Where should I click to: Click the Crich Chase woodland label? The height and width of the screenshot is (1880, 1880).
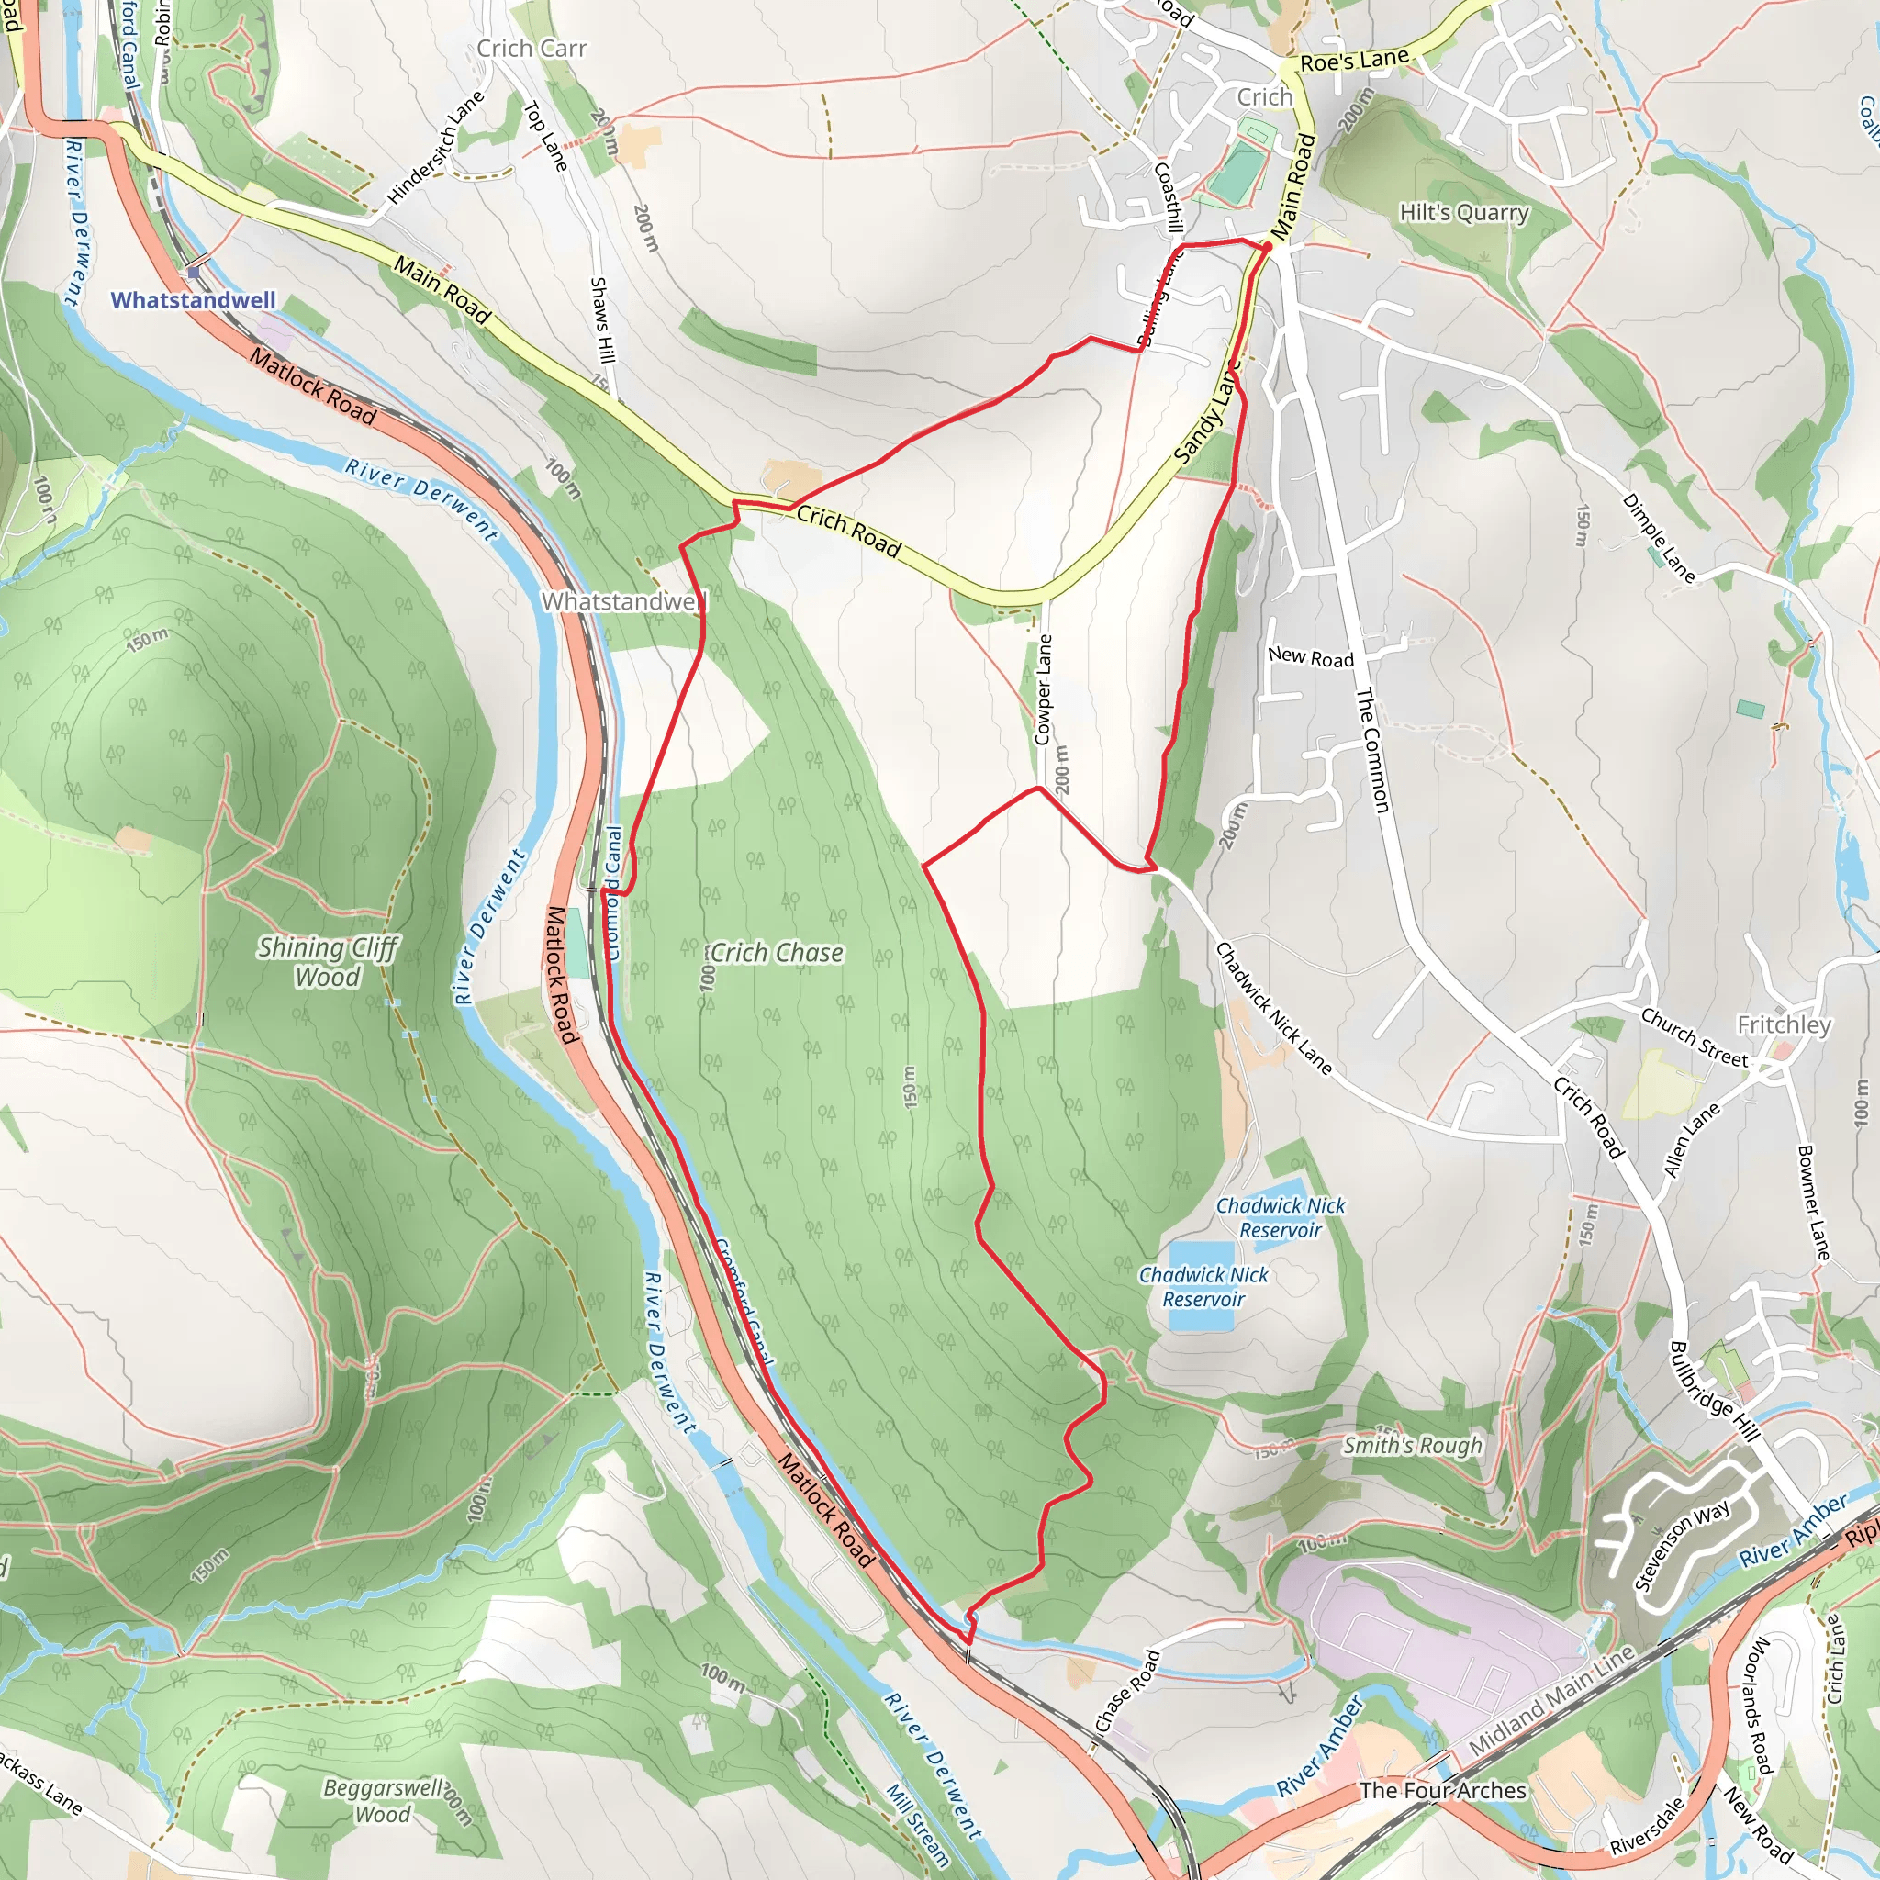(776, 953)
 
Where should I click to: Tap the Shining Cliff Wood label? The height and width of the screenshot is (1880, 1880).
(327, 961)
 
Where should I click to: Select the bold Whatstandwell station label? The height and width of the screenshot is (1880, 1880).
(193, 299)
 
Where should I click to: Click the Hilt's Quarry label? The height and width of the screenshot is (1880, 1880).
(1463, 212)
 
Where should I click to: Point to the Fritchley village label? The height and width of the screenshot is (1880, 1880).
(1784, 1024)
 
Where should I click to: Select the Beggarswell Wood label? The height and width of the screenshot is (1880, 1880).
(383, 1800)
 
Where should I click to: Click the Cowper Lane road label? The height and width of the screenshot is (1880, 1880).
(1043, 689)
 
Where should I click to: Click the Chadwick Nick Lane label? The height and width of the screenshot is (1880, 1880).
(1273, 1008)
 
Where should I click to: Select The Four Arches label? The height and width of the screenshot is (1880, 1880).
(1442, 1790)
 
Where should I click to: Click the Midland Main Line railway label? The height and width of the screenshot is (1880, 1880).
(1550, 1702)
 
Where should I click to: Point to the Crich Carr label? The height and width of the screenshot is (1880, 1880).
(532, 49)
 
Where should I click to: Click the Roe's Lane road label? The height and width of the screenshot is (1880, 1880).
(1354, 61)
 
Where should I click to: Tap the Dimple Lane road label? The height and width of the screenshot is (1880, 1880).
(1658, 538)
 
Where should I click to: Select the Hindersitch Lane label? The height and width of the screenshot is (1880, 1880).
(435, 148)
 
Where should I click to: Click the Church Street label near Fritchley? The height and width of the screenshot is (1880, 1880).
(1695, 1037)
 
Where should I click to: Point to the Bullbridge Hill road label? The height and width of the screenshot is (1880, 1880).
(1714, 1392)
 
